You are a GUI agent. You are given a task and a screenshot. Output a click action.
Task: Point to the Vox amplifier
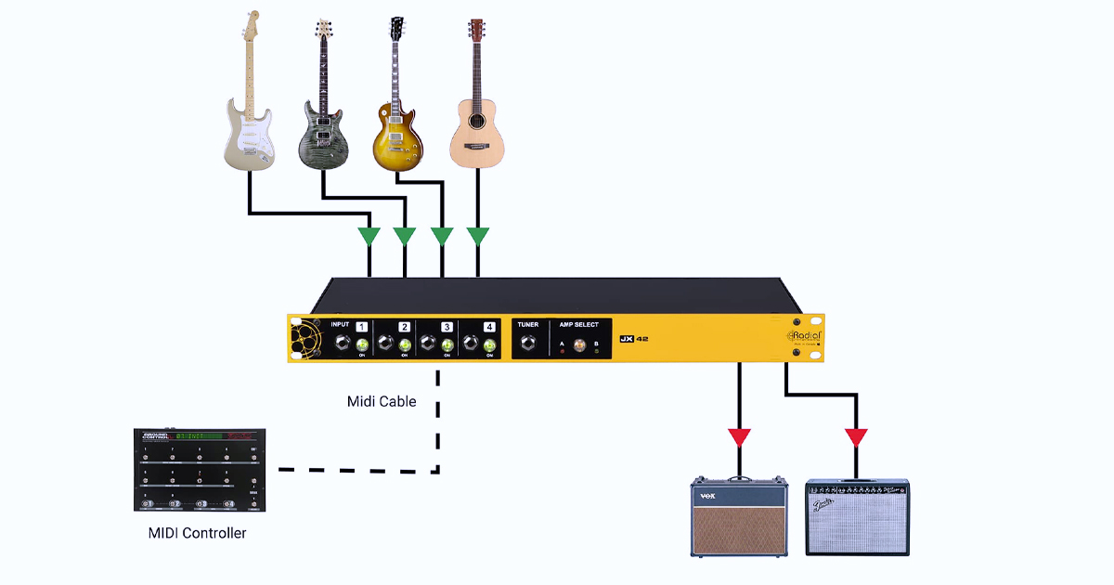739,516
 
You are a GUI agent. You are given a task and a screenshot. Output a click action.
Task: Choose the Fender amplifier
858,517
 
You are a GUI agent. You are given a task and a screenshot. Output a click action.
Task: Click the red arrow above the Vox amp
739,437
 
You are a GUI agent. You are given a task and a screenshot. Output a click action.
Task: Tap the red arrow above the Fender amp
857,437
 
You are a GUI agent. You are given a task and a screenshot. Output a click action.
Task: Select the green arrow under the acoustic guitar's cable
477,236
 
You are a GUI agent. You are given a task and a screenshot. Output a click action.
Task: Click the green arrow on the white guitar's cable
369,236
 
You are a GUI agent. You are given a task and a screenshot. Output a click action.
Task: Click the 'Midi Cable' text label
382,401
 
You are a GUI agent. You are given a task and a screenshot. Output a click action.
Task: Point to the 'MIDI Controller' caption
198,533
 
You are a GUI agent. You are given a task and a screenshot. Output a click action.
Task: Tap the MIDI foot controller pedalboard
200,470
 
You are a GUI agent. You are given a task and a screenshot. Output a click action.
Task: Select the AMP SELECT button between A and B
580,345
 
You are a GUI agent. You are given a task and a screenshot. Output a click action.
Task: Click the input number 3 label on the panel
447,327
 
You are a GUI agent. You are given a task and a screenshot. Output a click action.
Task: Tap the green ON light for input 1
362,346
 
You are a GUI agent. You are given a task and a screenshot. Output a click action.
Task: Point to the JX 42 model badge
634,339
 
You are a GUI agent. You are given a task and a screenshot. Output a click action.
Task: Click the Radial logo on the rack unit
804,336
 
